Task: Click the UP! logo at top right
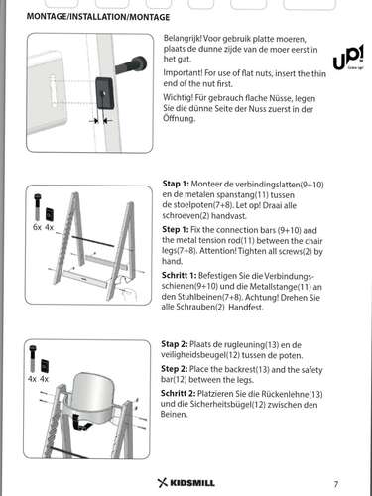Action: [x=348, y=57]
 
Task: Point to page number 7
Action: [x=336, y=484]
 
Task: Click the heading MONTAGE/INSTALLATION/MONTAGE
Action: [x=98, y=17]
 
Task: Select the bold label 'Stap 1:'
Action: [x=176, y=184]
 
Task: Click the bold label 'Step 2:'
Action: [x=175, y=369]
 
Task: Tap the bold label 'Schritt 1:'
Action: [x=179, y=275]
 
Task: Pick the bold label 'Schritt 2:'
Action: [x=179, y=394]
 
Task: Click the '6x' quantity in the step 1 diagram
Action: [x=37, y=227]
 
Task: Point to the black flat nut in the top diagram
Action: [x=106, y=93]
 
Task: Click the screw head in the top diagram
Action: [x=139, y=63]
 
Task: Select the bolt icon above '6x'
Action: [x=37, y=207]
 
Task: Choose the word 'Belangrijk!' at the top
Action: [x=183, y=39]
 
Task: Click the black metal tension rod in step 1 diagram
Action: [x=93, y=241]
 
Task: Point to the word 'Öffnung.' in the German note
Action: [x=179, y=118]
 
